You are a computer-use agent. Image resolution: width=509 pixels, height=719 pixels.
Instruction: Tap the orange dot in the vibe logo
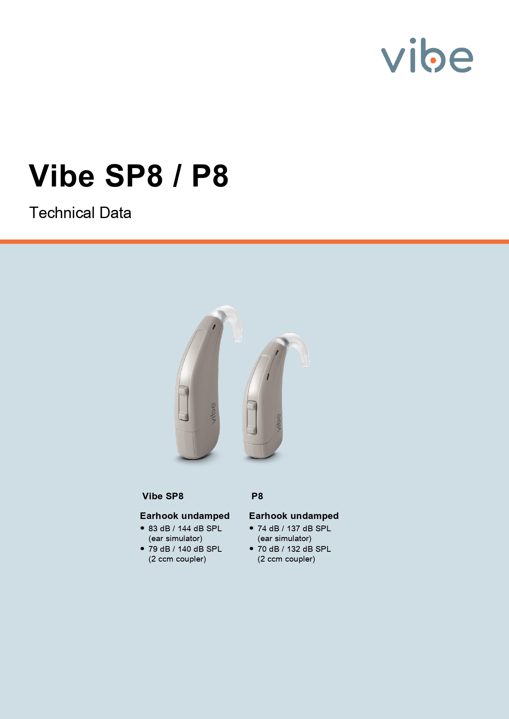coord(433,60)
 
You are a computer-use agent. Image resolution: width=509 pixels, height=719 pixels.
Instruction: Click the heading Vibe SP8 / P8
coord(129,175)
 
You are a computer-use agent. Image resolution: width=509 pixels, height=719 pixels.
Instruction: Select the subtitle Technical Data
coord(80,213)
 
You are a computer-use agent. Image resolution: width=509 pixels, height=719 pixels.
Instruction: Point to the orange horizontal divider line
coord(254,241)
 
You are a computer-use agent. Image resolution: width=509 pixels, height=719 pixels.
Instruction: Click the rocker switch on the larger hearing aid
coord(183,403)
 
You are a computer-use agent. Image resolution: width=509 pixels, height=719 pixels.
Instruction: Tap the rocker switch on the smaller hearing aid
coord(252,417)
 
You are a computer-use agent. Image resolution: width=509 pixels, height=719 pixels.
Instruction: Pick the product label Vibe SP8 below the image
coord(163,496)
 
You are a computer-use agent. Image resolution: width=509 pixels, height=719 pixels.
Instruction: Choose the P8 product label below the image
coord(257,496)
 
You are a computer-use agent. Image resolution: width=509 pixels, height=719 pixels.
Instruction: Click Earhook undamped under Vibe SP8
coord(185,516)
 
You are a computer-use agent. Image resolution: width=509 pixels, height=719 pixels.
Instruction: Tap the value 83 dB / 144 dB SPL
coord(185,528)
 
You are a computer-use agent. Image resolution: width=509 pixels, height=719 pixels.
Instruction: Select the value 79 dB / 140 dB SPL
coord(185,549)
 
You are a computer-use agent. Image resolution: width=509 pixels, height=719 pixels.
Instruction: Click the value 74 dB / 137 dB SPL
coord(294,528)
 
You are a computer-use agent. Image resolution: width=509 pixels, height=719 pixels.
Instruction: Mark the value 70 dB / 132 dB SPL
coord(294,549)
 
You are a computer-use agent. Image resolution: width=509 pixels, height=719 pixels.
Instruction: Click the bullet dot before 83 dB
coord(142,528)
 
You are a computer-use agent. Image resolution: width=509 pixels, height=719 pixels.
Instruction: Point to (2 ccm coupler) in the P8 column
coord(286,559)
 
